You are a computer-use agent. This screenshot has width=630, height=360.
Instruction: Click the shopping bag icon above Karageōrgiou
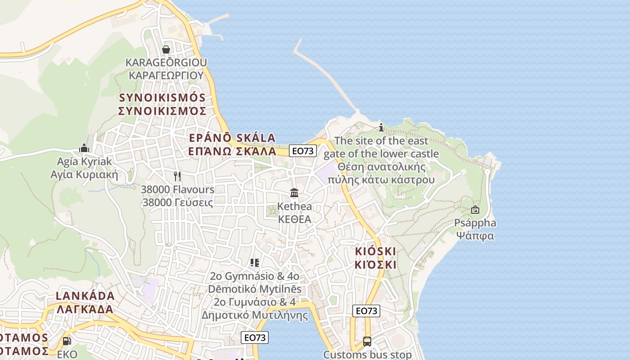tap(166, 49)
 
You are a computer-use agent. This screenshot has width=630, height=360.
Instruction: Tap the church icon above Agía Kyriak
tap(84, 148)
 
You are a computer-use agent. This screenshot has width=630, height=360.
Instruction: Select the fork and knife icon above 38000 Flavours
tap(177, 176)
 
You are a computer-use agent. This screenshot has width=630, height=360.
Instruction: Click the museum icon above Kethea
tap(294, 193)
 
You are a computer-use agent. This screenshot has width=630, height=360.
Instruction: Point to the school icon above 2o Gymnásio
tap(255, 263)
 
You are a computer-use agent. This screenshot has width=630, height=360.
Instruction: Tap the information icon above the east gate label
tap(381, 127)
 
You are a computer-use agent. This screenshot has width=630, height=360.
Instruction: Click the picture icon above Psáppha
tap(475, 210)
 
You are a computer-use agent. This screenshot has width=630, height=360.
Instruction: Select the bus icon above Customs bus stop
tap(367, 342)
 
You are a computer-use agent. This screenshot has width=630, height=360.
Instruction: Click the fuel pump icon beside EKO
tap(67, 342)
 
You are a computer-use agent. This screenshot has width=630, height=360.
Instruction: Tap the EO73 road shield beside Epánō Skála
tap(302, 151)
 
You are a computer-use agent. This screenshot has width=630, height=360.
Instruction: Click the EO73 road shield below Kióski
tap(366, 311)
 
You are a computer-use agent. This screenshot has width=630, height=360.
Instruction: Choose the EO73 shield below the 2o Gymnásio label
tap(255, 337)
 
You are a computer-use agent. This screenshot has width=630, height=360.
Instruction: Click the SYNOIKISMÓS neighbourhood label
tap(162, 98)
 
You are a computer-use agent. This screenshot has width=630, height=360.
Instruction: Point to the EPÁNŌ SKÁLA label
tap(232, 138)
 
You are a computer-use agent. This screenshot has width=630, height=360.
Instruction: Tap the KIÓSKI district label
tap(375, 251)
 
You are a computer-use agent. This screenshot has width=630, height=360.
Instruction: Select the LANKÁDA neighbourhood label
tap(85, 296)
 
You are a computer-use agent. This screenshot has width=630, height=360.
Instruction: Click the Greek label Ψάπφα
tap(475, 236)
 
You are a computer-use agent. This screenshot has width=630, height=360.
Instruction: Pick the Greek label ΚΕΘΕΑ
tap(295, 220)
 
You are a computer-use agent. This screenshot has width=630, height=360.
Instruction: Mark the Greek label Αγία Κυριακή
tap(84, 175)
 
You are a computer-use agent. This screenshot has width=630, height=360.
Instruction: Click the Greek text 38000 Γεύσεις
tap(177, 202)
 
